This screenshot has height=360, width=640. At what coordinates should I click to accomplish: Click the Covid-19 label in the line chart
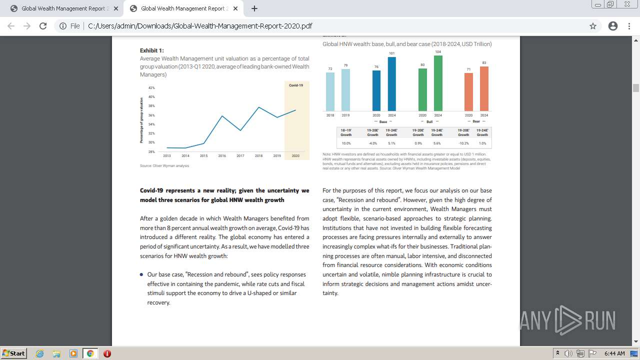pos(296,85)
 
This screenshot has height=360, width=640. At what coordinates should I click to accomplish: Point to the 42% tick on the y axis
pos(151,88)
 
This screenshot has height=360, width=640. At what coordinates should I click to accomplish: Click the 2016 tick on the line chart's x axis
pos(222,156)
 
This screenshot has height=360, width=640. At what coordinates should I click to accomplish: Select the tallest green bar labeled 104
pos(438,83)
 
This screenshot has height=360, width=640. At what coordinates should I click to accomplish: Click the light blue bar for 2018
pos(330,91)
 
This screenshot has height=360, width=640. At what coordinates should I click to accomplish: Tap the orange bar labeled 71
pos(468,92)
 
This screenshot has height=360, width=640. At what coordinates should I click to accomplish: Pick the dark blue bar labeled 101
pos(392,84)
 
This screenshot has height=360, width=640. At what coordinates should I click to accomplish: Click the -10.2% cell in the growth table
pos(463,143)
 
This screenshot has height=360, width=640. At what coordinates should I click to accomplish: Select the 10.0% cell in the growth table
pos(346,143)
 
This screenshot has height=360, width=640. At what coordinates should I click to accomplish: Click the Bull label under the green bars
pos(429,121)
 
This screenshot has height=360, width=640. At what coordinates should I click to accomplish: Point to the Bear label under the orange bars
pos(476,121)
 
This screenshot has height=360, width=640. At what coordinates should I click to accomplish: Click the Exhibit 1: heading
pos(151,50)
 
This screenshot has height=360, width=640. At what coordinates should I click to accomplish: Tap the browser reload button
pos(43,26)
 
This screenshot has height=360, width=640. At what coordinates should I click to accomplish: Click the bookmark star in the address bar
pos(593,26)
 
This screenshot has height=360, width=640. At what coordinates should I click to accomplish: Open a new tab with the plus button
pos(254,8)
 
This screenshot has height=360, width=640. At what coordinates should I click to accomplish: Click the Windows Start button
pos(13,353)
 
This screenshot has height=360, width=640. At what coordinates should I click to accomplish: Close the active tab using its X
pos(235,8)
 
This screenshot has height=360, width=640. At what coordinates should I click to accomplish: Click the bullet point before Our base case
pos(142,274)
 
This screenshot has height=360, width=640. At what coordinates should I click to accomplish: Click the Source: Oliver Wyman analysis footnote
pos(164,166)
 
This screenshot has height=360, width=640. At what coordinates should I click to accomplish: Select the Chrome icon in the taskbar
pos(90,353)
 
